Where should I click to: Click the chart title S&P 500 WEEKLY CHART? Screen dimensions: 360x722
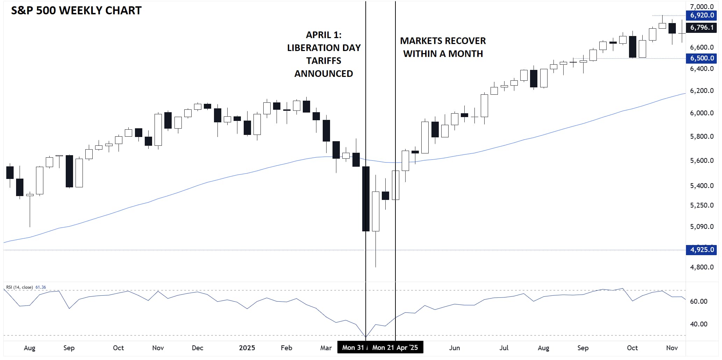76,11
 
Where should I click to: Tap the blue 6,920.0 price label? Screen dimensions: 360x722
702,15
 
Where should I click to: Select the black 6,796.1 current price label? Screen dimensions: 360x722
702,27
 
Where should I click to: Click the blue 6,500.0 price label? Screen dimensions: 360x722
702,58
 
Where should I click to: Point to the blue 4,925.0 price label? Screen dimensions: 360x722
702,250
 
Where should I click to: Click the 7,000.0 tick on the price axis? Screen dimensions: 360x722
702,7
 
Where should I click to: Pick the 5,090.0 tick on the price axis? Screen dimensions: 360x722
702,226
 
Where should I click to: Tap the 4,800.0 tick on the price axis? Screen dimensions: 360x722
702,267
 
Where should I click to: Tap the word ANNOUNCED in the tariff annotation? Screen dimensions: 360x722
323,74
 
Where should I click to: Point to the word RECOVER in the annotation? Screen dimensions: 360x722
464,41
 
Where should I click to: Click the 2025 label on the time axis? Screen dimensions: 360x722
247,348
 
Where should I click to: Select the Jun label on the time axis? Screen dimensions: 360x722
454,348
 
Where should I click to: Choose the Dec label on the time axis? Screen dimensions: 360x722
198,348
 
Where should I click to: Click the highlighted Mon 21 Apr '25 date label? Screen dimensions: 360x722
395,347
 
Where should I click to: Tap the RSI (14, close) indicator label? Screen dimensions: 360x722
20,287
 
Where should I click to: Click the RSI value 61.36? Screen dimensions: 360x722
41,287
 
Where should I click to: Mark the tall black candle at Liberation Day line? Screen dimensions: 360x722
366,199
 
